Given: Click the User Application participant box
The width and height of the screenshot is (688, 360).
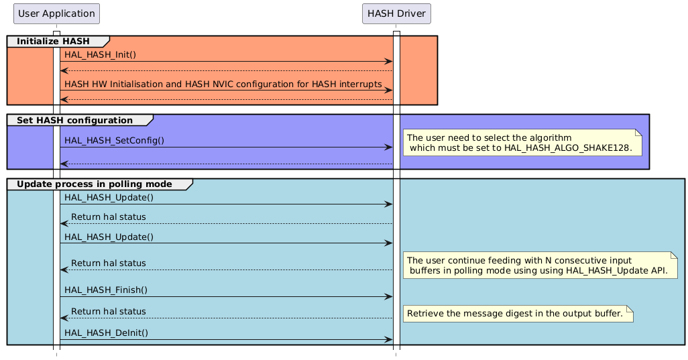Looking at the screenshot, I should pyautogui.click(x=56, y=13).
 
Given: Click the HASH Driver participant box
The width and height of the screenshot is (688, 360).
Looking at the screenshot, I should pyautogui.click(x=396, y=13).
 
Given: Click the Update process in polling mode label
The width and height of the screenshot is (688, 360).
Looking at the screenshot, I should pyautogui.click(x=95, y=184).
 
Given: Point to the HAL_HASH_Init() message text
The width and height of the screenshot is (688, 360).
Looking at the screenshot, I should pyautogui.click(x=100, y=54).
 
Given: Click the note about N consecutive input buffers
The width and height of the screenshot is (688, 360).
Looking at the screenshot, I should pyautogui.click(x=540, y=265).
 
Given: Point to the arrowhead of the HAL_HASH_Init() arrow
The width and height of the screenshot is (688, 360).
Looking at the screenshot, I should pyautogui.click(x=388, y=61).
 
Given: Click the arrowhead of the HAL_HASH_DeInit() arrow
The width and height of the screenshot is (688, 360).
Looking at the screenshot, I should pyautogui.click(x=388, y=340).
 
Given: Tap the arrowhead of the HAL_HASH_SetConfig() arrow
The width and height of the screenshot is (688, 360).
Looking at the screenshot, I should pyautogui.click(x=388, y=147).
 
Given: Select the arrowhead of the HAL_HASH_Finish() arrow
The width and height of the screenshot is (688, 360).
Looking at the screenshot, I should pyautogui.click(x=388, y=296).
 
